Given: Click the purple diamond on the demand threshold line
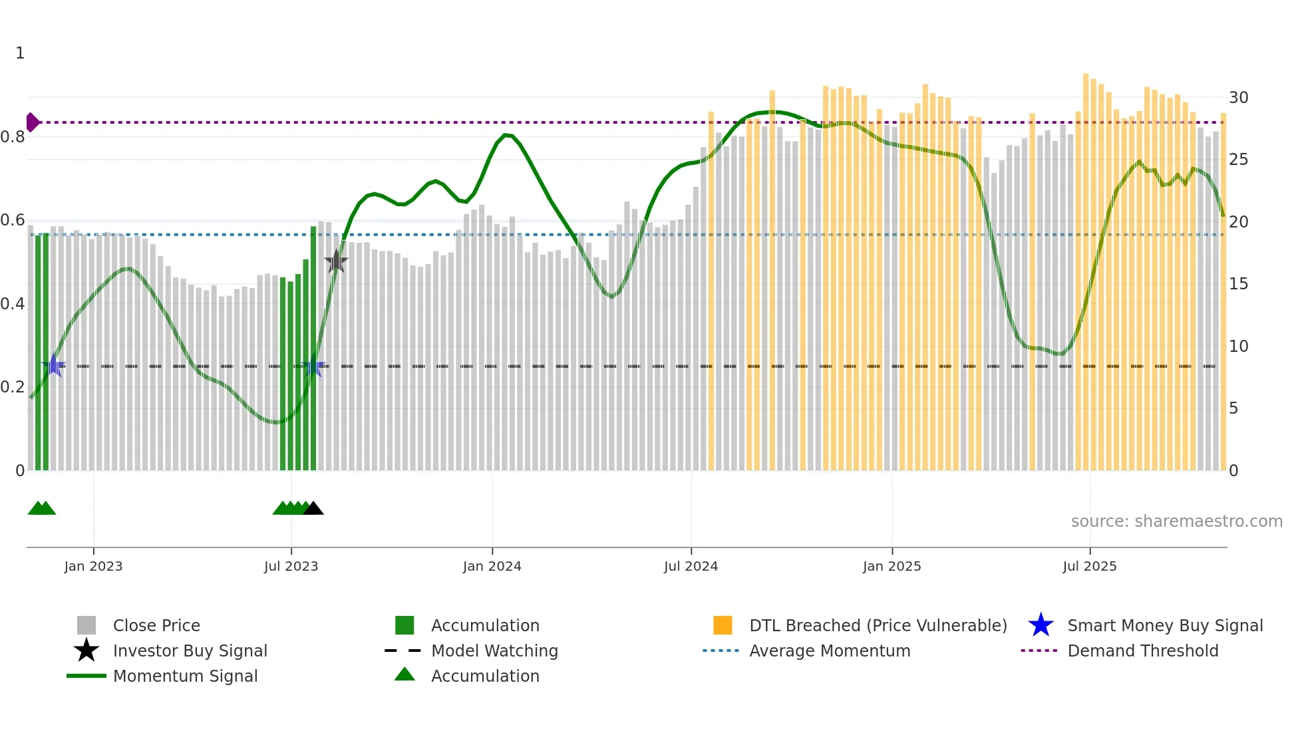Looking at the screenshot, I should (x=32, y=122).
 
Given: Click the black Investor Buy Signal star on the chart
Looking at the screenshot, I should (x=336, y=261).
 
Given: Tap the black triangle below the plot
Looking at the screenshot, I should (x=313, y=509).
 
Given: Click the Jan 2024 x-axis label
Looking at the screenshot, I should (x=492, y=566).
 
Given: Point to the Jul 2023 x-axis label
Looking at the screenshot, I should (x=291, y=566).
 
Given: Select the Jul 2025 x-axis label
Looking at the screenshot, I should (x=1089, y=566).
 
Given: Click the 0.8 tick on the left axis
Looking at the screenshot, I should (x=12, y=137).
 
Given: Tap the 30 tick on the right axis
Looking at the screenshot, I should (x=1238, y=98).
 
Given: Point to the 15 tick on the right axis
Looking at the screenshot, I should (x=1238, y=284).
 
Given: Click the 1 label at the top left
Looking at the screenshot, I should (x=20, y=53).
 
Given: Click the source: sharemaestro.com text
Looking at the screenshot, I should (x=1176, y=521).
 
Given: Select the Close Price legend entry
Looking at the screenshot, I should (x=156, y=626).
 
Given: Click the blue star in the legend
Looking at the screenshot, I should (x=1041, y=625).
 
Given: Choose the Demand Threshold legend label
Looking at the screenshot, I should (x=1142, y=651).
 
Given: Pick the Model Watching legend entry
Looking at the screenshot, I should (x=494, y=651).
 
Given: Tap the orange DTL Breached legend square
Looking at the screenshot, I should (x=722, y=625).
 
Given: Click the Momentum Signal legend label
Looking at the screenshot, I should (x=185, y=676).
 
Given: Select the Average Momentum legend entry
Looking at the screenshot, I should (x=829, y=651).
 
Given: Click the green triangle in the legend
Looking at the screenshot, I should (x=405, y=674).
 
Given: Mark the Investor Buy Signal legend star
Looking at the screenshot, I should (x=86, y=651).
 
